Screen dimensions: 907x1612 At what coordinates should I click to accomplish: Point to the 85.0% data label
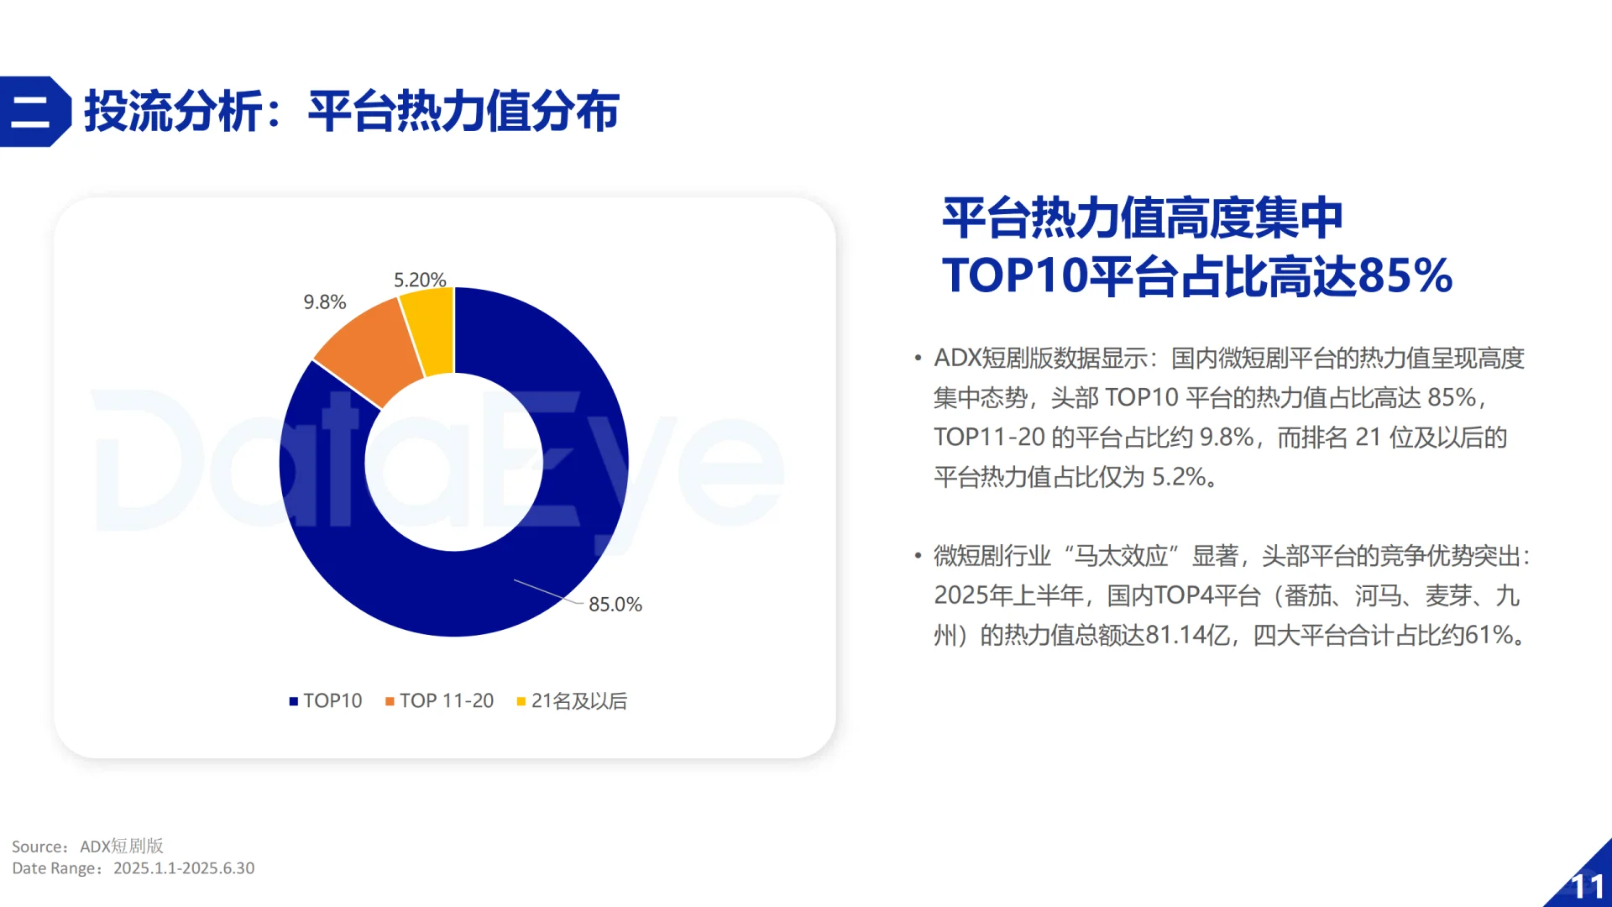click(x=615, y=605)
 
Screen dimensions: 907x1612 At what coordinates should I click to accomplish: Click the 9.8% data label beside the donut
click(x=324, y=302)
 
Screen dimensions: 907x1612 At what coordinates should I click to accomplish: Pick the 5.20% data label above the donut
click(x=420, y=280)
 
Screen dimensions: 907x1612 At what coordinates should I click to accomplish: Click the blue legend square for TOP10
click(x=294, y=701)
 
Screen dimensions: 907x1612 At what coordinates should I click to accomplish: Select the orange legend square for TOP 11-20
click(x=390, y=701)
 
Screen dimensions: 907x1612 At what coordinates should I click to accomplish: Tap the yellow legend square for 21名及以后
click(x=521, y=701)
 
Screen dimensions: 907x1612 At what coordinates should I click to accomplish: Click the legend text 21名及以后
click(x=579, y=701)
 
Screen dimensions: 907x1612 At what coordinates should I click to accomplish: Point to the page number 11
click(x=1587, y=887)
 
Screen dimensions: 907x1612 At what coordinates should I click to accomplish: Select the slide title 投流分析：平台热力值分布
click(x=353, y=112)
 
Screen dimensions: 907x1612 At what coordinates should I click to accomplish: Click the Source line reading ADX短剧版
click(x=88, y=847)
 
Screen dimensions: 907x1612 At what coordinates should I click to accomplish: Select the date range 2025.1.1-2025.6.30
click(x=184, y=868)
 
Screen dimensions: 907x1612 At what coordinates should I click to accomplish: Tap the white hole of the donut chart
click(x=453, y=462)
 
